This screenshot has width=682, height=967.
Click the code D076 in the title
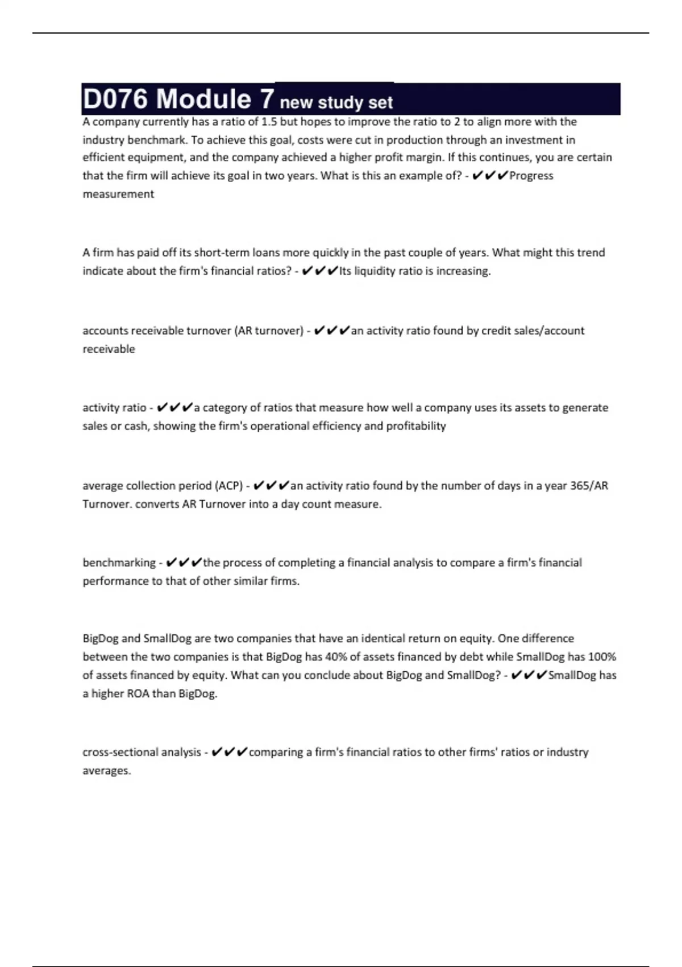coord(115,99)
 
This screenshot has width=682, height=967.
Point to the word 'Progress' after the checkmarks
coord(531,176)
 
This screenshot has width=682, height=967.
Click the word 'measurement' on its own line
coord(118,194)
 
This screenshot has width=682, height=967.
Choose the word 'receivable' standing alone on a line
coord(109,349)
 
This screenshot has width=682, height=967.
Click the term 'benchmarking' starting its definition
coord(119,563)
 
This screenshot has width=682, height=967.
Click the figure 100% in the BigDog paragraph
coord(602,657)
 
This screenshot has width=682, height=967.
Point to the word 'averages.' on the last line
coord(107,771)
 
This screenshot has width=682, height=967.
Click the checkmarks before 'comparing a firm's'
coord(229,752)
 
